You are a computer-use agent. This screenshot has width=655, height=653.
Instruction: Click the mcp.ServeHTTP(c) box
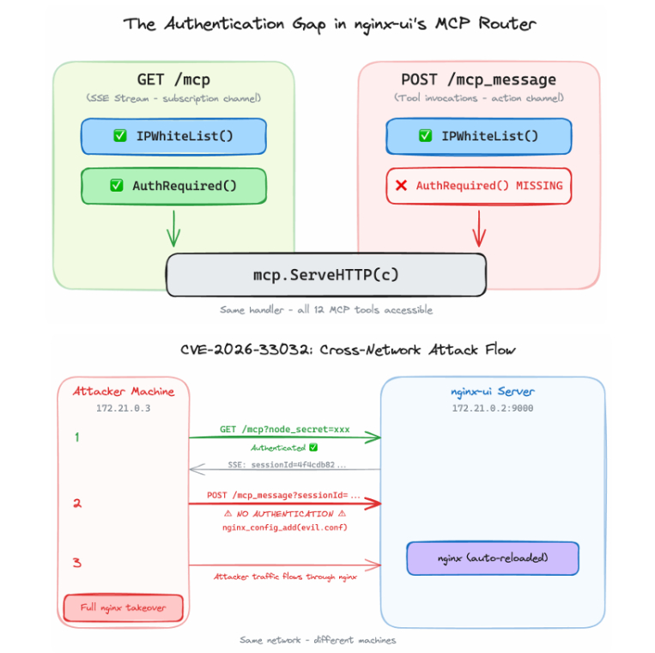pos(325,276)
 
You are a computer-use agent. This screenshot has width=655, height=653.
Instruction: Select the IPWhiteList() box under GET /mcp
pos(173,136)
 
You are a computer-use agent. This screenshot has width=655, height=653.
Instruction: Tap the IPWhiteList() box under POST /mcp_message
pos(478,136)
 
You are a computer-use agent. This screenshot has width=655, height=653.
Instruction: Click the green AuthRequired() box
pos(173,186)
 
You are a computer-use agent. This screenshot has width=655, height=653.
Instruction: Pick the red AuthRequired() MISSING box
pos(478,186)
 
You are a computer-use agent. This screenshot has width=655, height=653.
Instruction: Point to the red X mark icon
pos(401,186)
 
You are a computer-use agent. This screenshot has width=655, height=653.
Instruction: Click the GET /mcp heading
pos(173,80)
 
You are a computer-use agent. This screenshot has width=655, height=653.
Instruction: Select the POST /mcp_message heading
pos(478,80)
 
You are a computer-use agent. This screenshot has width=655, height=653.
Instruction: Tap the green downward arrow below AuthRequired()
pos(173,229)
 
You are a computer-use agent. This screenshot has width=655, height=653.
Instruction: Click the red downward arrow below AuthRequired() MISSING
pos(478,229)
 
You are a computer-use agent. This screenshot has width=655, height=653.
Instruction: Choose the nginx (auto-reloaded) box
pos(492,558)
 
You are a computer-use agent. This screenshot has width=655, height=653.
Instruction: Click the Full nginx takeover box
pos(124,607)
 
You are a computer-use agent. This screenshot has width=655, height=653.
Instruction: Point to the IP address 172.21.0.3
pos(124,408)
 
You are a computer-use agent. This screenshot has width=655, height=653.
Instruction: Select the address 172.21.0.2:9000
pos(492,408)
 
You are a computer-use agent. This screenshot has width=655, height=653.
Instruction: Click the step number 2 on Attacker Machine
pos(76,503)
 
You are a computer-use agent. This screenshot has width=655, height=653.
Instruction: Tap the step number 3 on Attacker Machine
pos(76,563)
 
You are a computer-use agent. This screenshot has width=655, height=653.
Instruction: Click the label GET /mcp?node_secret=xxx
pos(284,429)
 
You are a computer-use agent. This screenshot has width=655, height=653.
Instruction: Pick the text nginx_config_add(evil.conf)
pos(284,527)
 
